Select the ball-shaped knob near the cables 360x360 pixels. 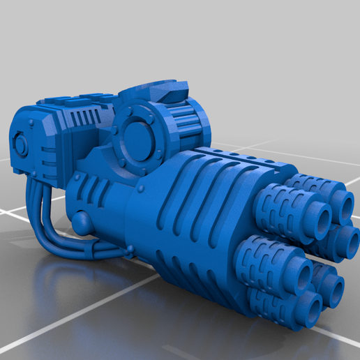82,222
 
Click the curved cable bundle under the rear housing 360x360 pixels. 49,213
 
